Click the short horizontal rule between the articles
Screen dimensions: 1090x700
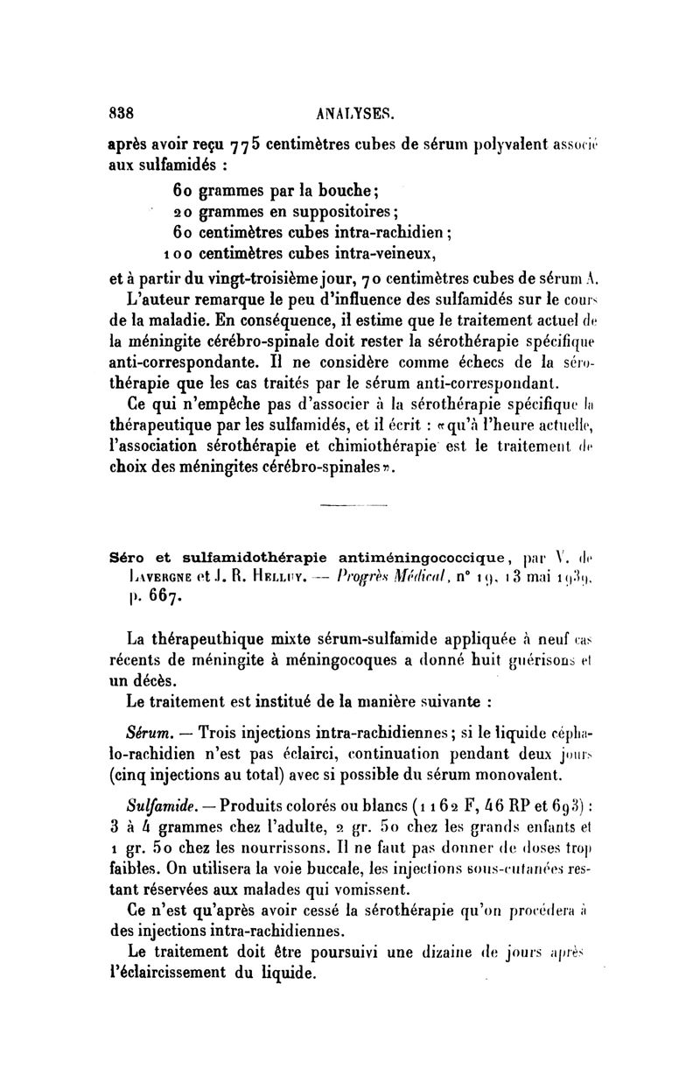(347, 507)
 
